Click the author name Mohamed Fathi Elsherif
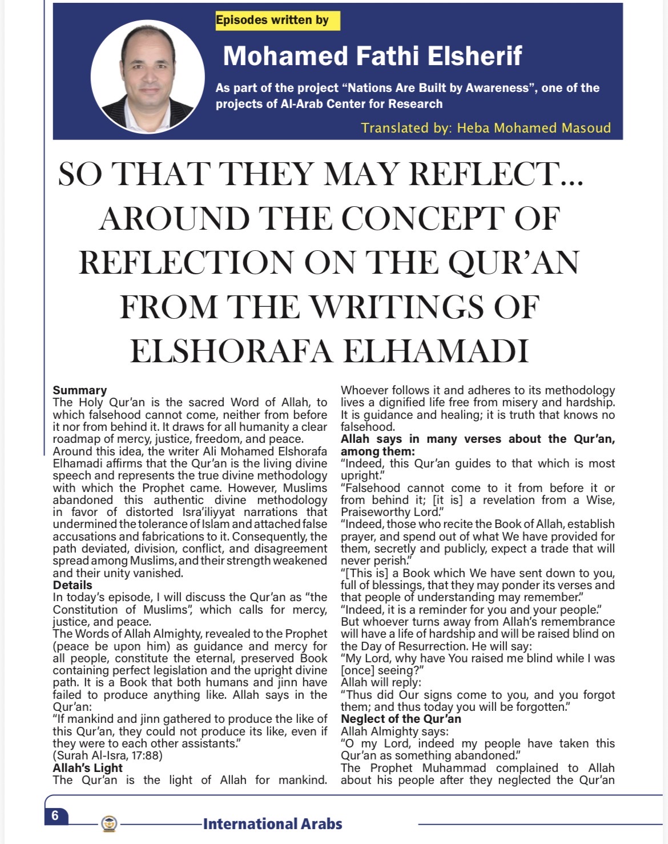click(x=372, y=55)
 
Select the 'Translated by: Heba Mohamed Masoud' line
click(x=485, y=127)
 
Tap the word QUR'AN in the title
click(x=514, y=262)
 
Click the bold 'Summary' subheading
click(x=80, y=390)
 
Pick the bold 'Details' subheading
click(x=73, y=585)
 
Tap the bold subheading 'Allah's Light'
click(x=87, y=767)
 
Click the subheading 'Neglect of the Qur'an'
click(x=401, y=719)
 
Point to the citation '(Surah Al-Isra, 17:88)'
click(x=107, y=755)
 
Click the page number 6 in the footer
click(x=55, y=815)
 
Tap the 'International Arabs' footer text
click(x=272, y=824)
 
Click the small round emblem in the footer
click(x=108, y=824)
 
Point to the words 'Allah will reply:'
click(x=381, y=682)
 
